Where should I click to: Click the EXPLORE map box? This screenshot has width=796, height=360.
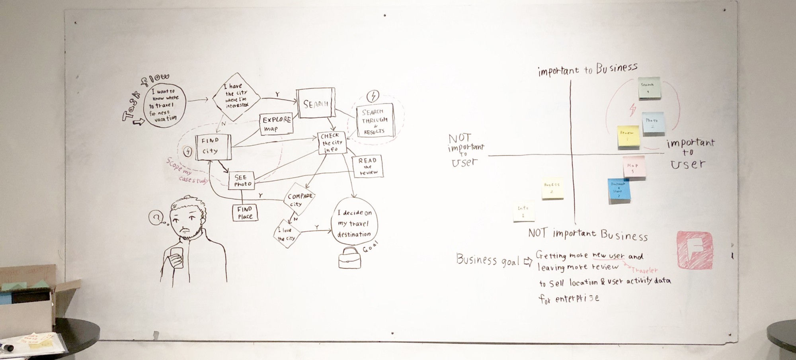(x=276, y=124)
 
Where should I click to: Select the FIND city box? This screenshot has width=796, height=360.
(x=213, y=147)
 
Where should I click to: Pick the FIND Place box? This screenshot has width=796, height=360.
(x=245, y=212)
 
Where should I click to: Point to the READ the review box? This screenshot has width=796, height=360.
(x=367, y=166)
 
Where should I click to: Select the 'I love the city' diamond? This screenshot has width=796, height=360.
(x=287, y=234)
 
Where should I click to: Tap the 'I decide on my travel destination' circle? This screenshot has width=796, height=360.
(x=354, y=223)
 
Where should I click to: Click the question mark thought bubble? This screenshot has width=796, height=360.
(x=156, y=217)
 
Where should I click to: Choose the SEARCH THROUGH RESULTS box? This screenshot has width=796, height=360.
(x=375, y=121)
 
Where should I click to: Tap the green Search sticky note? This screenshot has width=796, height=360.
(x=649, y=88)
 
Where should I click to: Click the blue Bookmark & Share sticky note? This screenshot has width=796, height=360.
(x=619, y=191)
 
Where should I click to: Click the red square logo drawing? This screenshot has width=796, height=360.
(x=695, y=250)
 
